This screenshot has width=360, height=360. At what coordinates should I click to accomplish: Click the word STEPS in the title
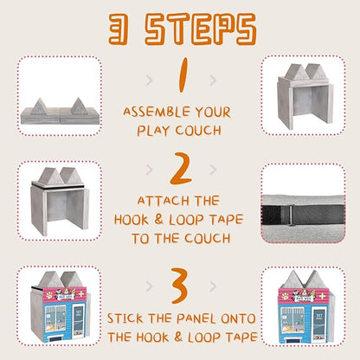pyautogui.click(x=201, y=29)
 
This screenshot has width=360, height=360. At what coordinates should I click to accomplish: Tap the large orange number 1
pyautogui.click(x=183, y=75)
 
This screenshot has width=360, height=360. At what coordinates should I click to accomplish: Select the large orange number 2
pyautogui.click(x=181, y=169)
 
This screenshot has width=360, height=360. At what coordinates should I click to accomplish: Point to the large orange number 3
pyautogui.click(x=180, y=286)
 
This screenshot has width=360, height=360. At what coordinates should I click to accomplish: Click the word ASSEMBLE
pyautogui.click(x=157, y=112)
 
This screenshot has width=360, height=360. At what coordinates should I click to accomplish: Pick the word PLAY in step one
pyautogui.click(x=153, y=131)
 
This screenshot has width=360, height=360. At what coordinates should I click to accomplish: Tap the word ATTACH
pyautogui.click(x=163, y=201)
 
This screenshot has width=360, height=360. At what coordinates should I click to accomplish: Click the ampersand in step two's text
pyautogui.click(x=158, y=219)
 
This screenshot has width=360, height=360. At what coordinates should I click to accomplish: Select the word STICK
pyautogui.click(x=125, y=318)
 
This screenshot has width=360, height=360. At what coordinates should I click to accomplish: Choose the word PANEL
pyautogui.click(x=196, y=318)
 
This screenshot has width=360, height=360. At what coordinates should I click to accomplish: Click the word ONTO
pyautogui.click(x=238, y=318)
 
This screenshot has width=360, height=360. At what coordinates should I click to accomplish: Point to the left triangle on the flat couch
pyautogui.click(x=39, y=106)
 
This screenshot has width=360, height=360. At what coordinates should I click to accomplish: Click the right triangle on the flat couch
pyautogui.click(x=79, y=106)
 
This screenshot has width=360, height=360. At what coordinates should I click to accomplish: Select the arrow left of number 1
pyautogui.click(x=149, y=80)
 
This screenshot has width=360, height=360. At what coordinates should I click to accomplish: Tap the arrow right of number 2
pyautogui.click(x=213, y=170)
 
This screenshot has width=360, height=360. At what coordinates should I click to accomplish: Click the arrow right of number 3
pyautogui.click(x=213, y=286)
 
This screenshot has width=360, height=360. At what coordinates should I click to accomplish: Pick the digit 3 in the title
pyautogui.click(x=119, y=29)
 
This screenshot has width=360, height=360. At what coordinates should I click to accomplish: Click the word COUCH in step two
pyautogui.click(x=208, y=238)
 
